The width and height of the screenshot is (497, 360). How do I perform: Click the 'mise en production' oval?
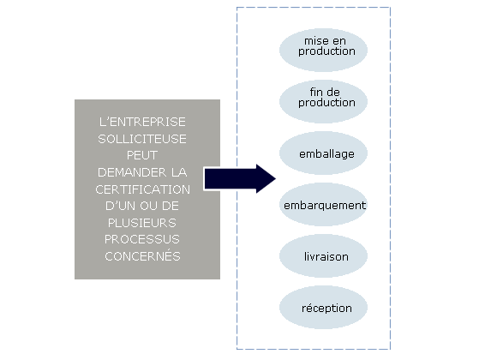click(323, 50)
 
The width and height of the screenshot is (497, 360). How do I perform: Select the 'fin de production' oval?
click(323, 101)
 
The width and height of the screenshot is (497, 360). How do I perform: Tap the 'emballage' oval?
click(323, 153)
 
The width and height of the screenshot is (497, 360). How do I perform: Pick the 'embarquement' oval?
click(323, 204)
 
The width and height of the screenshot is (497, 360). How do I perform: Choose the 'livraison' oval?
click(323, 256)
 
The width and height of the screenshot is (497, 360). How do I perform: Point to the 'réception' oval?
click(323, 308)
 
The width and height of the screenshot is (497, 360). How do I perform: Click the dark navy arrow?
click(240, 178)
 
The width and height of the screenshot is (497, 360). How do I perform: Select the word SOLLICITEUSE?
click(142, 139)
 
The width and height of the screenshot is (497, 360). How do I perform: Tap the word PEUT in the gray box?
click(142, 155)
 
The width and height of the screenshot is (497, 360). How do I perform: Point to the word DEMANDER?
click(132, 172)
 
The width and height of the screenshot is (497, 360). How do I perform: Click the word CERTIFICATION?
click(142, 189)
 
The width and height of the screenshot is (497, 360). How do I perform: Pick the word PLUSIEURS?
click(142, 223)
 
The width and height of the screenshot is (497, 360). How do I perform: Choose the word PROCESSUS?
click(142, 239)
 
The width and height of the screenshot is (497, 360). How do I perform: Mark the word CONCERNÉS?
click(142, 256)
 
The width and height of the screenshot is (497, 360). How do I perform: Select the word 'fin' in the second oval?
click(315, 92)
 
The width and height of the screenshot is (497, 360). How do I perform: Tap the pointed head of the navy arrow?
click(275, 178)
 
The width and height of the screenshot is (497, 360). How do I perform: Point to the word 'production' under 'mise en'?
click(326, 51)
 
